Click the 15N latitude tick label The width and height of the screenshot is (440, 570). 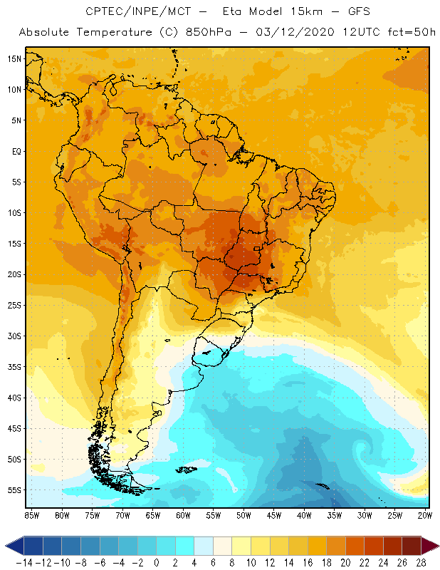(x=14, y=58)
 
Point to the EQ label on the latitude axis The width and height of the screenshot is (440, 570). (x=15, y=151)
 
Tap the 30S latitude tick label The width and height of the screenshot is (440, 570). (x=14, y=336)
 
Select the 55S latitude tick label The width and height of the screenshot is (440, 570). (x=14, y=490)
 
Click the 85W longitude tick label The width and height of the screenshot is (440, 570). (x=31, y=514)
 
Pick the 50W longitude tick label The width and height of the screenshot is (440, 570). (x=244, y=514)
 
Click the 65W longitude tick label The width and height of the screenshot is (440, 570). (x=153, y=514)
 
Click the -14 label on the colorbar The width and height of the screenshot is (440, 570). (x=23, y=562)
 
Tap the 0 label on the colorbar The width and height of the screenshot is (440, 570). (x=157, y=562)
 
